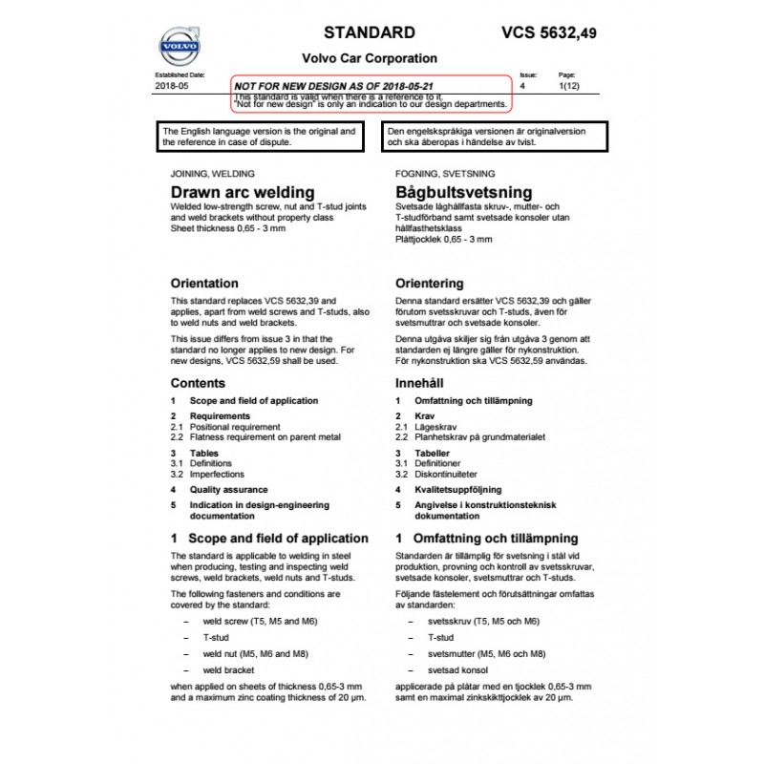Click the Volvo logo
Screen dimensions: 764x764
(x=179, y=47)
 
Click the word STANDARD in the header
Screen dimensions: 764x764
(x=370, y=32)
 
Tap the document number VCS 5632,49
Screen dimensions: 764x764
(x=549, y=32)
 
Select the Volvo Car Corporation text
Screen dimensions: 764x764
(x=370, y=58)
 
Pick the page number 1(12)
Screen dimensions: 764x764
(x=567, y=86)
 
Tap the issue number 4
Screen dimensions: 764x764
(x=522, y=86)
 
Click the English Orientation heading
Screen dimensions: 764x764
(x=204, y=284)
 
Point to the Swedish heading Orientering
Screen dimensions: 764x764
(x=430, y=284)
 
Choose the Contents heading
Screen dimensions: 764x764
(x=198, y=383)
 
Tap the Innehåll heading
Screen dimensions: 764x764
(x=420, y=383)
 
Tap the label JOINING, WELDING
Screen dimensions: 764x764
(x=212, y=175)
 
